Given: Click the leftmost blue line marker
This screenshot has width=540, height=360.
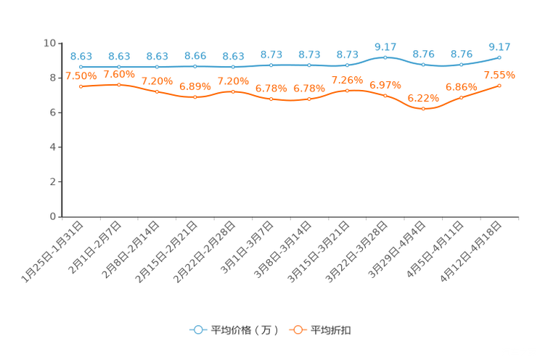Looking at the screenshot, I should (x=81, y=67).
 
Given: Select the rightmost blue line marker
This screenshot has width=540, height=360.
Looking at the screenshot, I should (x=499, y=57).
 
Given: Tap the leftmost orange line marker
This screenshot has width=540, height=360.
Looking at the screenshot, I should (x=81, y=86).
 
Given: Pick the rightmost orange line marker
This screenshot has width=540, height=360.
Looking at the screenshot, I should (x=499, y=85).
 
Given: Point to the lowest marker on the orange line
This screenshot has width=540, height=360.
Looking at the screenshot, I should (x=423, y=109).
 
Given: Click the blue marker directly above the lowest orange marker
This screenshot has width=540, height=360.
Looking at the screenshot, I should (x=423, y=65).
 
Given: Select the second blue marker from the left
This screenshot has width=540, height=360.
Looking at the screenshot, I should (x=119, y=67).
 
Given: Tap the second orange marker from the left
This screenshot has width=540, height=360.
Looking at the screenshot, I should (x=119, y=84).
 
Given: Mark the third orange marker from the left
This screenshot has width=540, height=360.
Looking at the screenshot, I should (x=157, y=91).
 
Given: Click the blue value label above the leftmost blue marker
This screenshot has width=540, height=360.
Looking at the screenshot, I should (x=81, y=56).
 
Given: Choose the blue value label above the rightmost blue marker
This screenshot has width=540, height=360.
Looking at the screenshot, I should (x=499, y=47).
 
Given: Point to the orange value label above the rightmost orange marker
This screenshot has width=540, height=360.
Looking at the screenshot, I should (x=499, y=74).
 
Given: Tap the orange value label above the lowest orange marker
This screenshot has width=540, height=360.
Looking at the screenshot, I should (x=423, y=98).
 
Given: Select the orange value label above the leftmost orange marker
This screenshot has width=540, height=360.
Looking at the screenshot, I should (x=81, y=75).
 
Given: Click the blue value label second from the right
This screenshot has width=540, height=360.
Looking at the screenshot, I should (x=461, y=54).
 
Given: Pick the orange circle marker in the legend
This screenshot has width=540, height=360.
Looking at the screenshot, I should (x=298, y=330).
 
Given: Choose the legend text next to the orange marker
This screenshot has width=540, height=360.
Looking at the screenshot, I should (x=332, y=330).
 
